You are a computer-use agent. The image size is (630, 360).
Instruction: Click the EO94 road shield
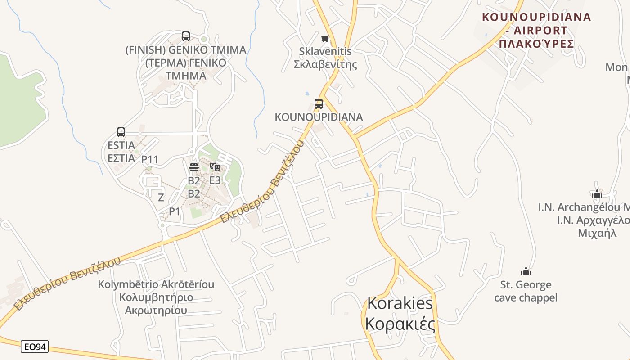[x=35, y=346]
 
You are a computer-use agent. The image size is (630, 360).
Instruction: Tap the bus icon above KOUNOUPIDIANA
[x=319, y=104]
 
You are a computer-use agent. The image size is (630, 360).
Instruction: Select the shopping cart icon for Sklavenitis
[x=325, y=38]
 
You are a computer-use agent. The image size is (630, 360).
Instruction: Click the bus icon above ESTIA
[x=121, y=132]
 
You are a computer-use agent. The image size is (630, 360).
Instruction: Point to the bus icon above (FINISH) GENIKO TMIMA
[x=186, y=36]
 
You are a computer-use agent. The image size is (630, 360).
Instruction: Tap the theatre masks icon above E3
[x=215, y=167]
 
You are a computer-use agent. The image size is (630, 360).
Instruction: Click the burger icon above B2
[x=194, y=167]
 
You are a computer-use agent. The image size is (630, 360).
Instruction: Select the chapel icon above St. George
[x=526, y=271]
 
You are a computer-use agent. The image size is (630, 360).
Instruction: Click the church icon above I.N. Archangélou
[x=597, y=194]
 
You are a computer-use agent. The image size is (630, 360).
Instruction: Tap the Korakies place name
[x=400, y=303]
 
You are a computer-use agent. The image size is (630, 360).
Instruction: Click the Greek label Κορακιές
[x=400, y=324]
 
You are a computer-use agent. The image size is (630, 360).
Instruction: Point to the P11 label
[x=150, y=159]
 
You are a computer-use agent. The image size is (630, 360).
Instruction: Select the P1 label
[x=175, y=211]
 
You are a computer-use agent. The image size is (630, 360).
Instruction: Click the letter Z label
[x=161, y=197]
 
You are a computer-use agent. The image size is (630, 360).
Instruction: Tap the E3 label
[x=215, y=180]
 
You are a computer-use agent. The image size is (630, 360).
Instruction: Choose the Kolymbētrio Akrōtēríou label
[x=156, y=284]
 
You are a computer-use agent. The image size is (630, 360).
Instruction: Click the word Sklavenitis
[x=325, y=51]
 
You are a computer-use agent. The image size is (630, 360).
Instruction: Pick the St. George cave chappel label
[x=526, y=291]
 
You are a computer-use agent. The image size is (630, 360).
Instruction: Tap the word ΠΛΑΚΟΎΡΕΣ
[x=536, y=44]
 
